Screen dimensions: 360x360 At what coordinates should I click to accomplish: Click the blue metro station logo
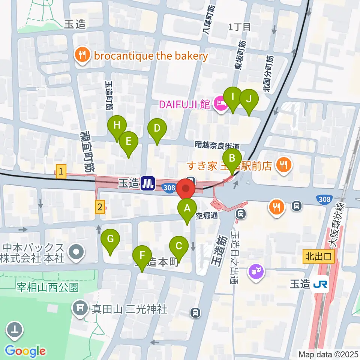coord(148,183)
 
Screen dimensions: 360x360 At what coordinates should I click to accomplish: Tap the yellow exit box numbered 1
coord(61,172)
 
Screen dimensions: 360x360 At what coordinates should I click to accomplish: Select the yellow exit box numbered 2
coord(99,206)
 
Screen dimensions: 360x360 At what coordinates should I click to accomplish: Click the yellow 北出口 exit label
coord(318,257)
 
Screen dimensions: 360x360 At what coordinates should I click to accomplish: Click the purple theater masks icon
coord(256,271)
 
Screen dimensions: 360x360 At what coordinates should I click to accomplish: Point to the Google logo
coord(25,351)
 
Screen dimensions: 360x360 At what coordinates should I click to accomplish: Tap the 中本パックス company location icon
coord(76,253)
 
